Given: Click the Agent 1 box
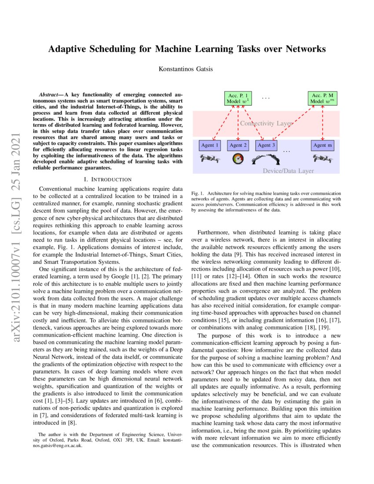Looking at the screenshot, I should (x=210, y=145).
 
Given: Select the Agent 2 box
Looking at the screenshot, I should (x=238, y=145).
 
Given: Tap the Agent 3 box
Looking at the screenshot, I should (x=266, y=145).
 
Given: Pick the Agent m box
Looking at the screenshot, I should (x=323, y=145).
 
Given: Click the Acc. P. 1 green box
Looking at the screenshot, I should (x=238, y=98).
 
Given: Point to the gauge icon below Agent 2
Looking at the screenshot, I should (x=238, y=159).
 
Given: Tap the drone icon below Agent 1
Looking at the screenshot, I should (x=209, y=158).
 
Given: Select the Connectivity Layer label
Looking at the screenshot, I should (x=266, y=124).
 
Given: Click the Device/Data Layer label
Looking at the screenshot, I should (x=288, y=170).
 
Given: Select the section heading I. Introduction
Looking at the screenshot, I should (x=107, y=180).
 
